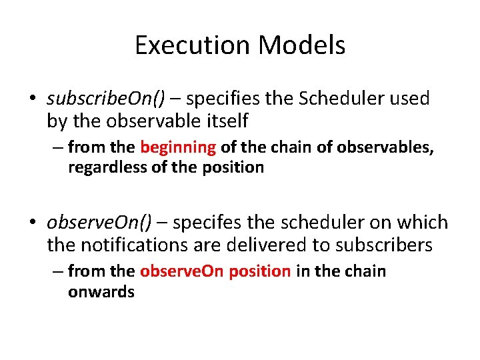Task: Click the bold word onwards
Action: tap(101, 291)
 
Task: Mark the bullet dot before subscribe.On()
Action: tap(33, 99)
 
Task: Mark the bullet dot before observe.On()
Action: tap(33, 223)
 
